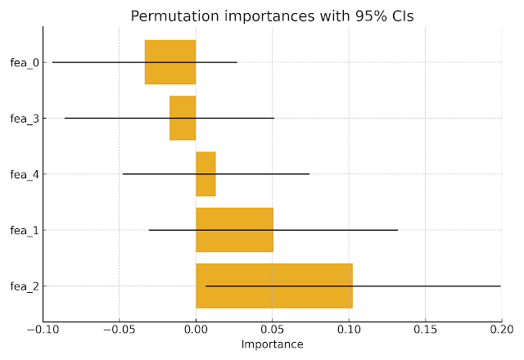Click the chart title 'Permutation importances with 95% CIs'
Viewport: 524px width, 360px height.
click(x=272, y=17)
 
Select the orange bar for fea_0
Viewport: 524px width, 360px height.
click(x=170, y=62)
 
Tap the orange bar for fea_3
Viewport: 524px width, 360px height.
click(x=183, y=118)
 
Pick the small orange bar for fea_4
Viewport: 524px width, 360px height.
click(x=206, y=173)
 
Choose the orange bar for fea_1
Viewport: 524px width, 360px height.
click(x=234, y=230)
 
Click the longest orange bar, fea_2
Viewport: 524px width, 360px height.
click(x=274, y=286)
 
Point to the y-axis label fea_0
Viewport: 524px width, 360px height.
click(x=24, y=62)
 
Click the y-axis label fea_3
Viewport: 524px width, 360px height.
click(x=24, y=118)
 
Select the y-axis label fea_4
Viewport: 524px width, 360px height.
click(x=24, y=174)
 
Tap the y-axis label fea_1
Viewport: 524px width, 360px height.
click(x=24, y=230)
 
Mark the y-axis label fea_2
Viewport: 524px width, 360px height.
click(x=24, y=286)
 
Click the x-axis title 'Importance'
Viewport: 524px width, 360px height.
click(x=272, y=344)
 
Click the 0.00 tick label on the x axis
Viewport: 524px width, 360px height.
click(x=196, y=329)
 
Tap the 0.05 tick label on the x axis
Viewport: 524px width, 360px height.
click(x=273, y=329)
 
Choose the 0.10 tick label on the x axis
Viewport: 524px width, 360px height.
click(x=349, y=329)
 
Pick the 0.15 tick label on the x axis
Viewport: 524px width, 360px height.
click(x=425, y=329)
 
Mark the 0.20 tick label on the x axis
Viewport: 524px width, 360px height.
click(x=500, y=329)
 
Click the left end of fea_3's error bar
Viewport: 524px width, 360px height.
click(x=65, y=118)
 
